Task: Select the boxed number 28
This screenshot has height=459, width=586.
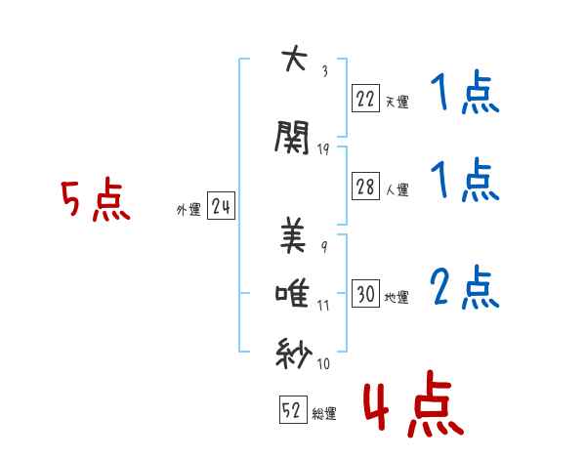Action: tap(365, 187)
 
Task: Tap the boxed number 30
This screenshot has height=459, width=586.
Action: tap(365, 293)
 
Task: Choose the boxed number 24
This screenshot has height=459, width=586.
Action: tap(221, 206)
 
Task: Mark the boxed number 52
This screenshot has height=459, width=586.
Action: tap(292, 410)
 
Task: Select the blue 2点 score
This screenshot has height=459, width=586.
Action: tap(465, 287)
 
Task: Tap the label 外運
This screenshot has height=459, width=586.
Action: tap(188, 209)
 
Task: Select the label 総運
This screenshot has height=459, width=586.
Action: tap(324, 414)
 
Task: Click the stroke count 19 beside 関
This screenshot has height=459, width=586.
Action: tap(324, 148)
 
